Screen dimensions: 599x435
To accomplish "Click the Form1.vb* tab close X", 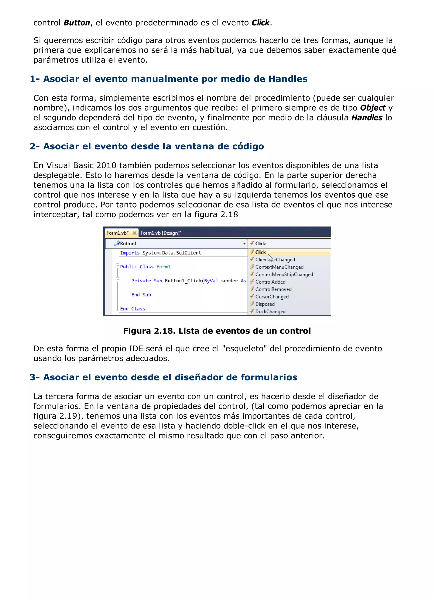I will [x=134, y=233].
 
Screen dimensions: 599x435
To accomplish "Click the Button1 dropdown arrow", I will [x=244, y=244].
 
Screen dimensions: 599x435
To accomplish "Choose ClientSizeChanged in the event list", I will [x=275, y=260].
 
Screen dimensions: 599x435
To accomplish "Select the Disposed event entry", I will [x=265, y=304].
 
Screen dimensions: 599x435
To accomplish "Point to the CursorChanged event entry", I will [x=272, y=297].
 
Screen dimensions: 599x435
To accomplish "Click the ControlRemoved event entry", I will [x=273, y=289].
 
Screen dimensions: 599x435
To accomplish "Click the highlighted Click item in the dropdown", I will [x=261, y=252].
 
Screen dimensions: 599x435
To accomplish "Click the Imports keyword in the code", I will [x=130, y=253].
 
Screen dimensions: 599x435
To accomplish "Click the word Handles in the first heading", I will [x=288, y=79].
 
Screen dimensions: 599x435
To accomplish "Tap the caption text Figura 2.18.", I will [x=149, y=331].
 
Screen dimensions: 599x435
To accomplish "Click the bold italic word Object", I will [x=373, y=108].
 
